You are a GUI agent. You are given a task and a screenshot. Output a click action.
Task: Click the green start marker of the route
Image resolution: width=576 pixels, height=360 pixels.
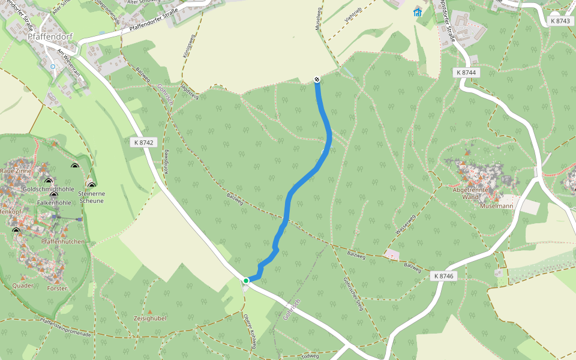pos(246,280)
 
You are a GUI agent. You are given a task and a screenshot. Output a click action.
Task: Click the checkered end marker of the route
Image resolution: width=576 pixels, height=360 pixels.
pos(317,80)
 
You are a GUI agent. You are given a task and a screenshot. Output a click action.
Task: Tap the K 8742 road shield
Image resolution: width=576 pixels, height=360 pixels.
pos(142,142)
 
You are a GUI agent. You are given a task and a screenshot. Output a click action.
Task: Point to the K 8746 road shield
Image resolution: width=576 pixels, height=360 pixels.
pos(444,276)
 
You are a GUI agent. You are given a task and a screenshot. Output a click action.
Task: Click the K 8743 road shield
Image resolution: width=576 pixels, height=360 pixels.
pos(559,21)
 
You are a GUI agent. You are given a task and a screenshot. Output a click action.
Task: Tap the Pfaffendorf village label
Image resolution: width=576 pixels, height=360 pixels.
pos(50,36)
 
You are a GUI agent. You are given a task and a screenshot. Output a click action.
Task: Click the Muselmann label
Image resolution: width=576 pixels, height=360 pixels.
pos(496,206)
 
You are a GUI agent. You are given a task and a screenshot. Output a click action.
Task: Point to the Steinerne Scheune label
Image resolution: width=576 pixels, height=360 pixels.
pos(88,197)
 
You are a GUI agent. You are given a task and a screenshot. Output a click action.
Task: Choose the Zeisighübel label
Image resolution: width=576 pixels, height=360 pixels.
pos(151,318)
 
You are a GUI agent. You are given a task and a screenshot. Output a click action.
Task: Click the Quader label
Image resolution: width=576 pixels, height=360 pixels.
pos(23,286)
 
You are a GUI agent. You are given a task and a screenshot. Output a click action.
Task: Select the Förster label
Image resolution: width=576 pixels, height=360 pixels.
pos(56,288)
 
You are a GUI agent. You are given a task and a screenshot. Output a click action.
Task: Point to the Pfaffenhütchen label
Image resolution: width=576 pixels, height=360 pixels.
pos(63,241)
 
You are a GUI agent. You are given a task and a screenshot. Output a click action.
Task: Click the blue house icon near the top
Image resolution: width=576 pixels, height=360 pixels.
pos(418,12)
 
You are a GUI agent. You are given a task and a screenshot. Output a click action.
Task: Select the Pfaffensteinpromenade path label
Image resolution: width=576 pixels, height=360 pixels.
pos(66,328)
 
